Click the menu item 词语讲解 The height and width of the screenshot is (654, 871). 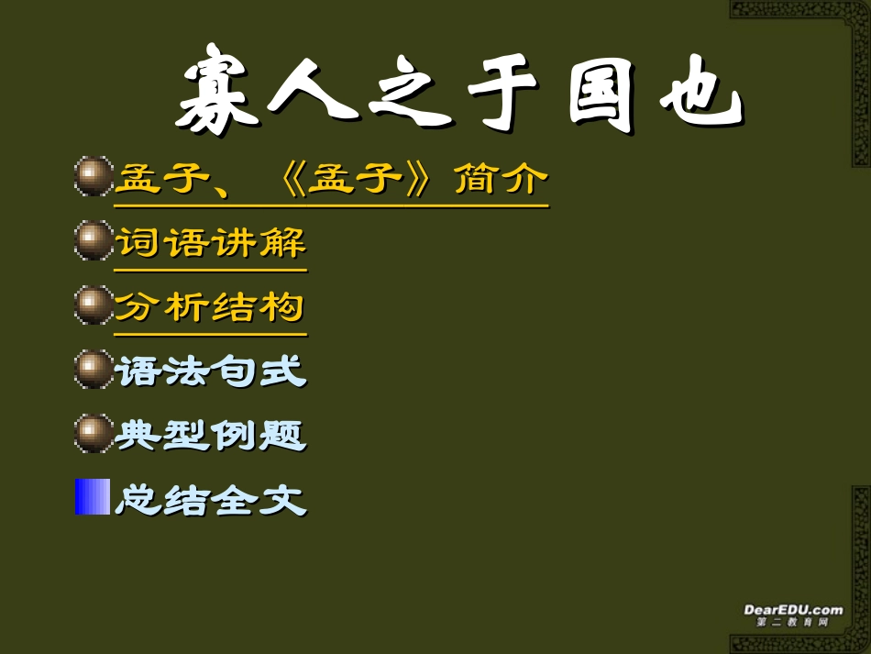(210, 243)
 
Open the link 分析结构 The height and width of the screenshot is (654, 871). (210, 307)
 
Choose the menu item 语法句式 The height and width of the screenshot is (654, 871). (210, 371)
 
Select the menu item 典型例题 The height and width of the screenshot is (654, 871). (210, 435)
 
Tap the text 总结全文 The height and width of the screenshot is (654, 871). (210, 500)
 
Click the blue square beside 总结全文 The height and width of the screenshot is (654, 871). (92, 497)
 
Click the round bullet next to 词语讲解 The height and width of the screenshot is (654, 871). (92, 242)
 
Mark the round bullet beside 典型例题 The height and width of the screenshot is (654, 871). (92, 434)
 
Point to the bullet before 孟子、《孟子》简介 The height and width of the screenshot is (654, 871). (92, 177)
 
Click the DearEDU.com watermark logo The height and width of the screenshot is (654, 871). (792, 613)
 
